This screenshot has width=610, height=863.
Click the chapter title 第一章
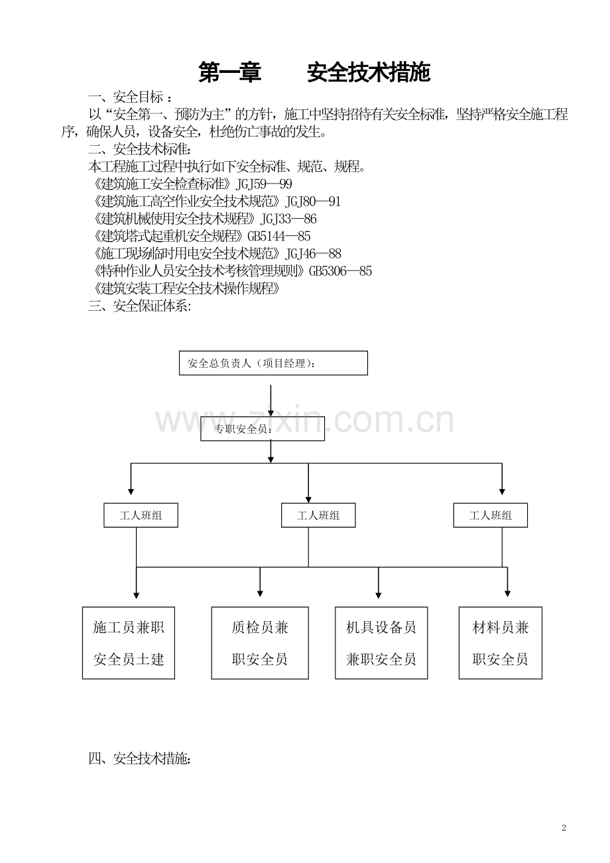229,72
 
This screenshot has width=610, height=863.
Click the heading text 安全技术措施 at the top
369,72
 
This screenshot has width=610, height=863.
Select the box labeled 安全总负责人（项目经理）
273,363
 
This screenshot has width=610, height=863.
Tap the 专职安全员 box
263,428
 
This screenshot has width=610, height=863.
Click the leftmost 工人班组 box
141,515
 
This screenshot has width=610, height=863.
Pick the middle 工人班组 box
318,515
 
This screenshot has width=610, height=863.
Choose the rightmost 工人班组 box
490,515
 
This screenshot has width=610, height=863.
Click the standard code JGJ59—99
264,184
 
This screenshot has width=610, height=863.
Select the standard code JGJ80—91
312,201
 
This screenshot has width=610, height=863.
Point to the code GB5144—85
278,236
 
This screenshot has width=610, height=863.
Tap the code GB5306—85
340,271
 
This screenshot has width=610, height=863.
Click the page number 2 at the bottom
564,828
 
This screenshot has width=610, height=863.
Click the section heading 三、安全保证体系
139,306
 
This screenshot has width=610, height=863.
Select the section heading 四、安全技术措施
139,758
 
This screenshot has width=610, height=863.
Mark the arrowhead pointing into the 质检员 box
260,594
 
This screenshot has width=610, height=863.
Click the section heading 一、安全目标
130,97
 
